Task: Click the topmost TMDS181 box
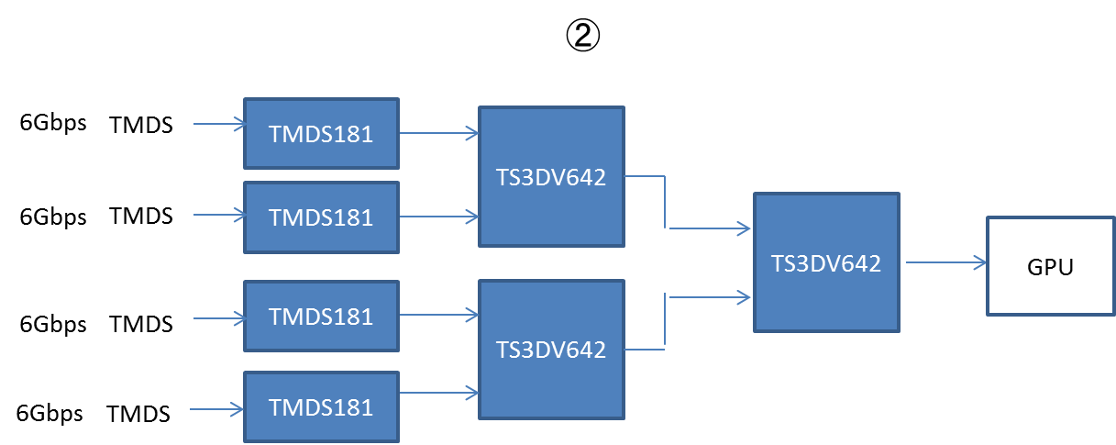(321, 134)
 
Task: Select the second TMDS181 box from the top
(321, 217)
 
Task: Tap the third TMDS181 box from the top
(321, 317)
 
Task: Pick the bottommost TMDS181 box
(321, 407)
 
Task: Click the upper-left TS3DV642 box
(551, 177)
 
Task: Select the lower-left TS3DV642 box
(551, 349)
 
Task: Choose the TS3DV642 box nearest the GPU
(826, 263)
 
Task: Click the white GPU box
(1050, 267)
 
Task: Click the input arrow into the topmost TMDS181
(220, 123)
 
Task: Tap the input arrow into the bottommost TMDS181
(217, 409)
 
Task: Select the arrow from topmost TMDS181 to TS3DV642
(439, 134)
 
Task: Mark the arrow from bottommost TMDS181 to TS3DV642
(439, 393)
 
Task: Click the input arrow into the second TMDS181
(220, 216)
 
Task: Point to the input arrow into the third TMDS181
(220, 318)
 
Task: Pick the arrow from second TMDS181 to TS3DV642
(439, 217)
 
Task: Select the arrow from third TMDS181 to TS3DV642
(439, 315)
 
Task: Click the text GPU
(1050, 268)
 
